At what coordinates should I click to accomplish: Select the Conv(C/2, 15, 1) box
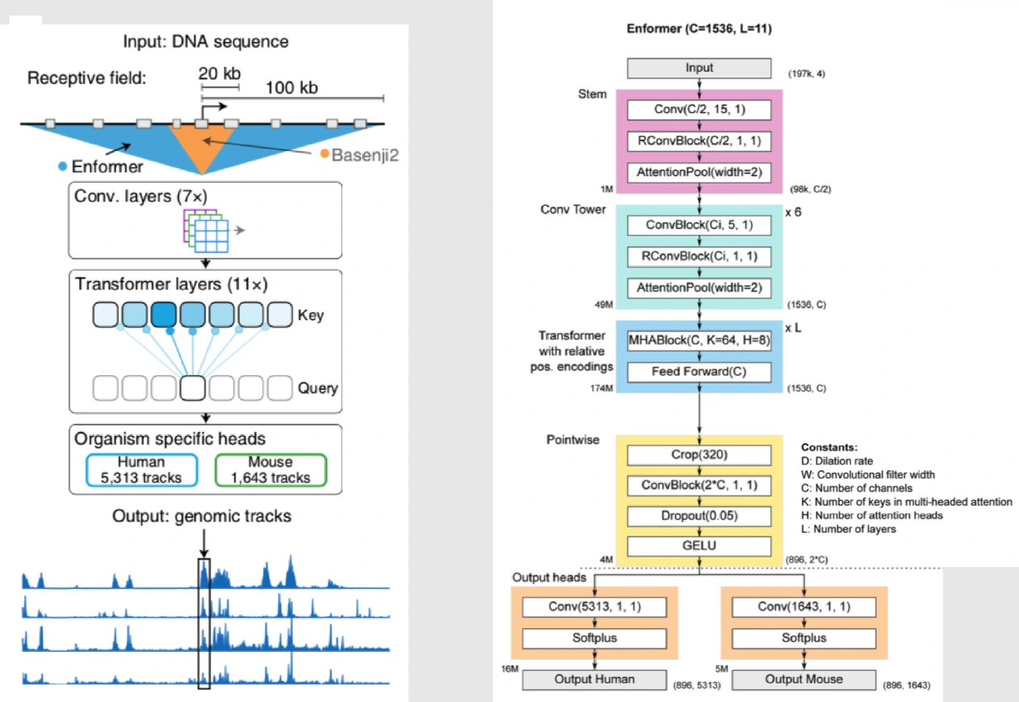(700, 109)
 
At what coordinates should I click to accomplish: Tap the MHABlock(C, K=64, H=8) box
(700, 340)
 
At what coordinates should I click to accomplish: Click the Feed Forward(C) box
(700, 371)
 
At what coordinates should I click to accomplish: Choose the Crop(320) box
(700, 455)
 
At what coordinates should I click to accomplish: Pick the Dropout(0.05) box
(700, 515)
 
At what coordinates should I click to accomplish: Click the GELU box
(700, 546)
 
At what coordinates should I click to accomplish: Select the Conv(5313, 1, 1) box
(595, 607)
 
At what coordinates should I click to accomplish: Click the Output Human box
(595, 679)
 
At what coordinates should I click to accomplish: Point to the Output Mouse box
(803, 679)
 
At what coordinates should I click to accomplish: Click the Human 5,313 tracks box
(141, 470)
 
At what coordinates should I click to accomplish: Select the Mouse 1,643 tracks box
(270, 470)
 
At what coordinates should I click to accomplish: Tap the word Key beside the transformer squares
(311, 315)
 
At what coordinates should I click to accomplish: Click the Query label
(318, 387)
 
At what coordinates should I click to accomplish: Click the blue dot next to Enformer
(63, 167)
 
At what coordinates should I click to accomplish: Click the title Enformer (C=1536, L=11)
(699, 29)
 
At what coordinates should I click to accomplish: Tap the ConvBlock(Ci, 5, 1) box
(700, 225)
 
